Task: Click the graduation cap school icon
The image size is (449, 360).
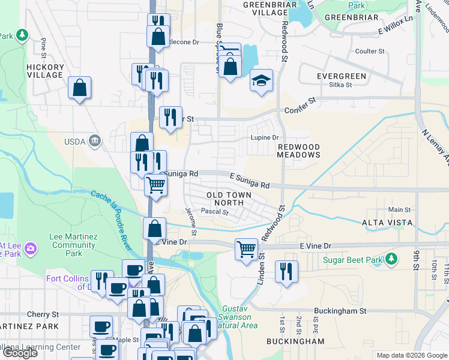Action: (x=261, y=81)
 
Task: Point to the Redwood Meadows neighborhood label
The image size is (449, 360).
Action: (x=298, y=151)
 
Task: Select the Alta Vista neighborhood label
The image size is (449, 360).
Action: (x=387, y=223)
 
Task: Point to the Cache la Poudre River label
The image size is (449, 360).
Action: (x=120, y=210)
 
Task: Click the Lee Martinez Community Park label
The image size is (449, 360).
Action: (x=74, y=245)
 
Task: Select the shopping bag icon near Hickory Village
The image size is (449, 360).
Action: (x=79, y=89)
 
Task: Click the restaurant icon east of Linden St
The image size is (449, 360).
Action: (x=286, y=271)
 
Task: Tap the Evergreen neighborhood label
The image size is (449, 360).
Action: (x=342, y=76)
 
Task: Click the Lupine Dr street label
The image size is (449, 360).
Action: (x=265, y=137)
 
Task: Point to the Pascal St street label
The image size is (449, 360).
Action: (x=215, y=212)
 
